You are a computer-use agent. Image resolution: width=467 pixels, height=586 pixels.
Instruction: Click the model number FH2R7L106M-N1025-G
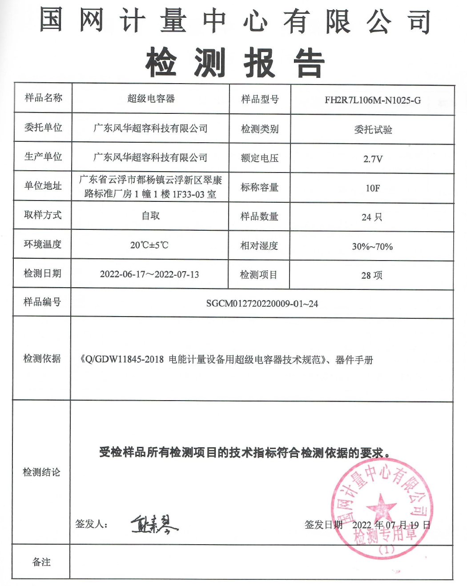(x=372, y=100)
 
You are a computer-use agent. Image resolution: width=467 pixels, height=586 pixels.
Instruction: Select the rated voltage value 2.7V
(x=373, y=159)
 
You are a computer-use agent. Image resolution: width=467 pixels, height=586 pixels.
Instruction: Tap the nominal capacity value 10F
(x=373, y=188)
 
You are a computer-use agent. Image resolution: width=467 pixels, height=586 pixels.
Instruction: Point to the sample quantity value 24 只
(x=372, y=217)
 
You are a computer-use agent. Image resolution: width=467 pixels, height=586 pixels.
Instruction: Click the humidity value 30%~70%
(x=372, y=246)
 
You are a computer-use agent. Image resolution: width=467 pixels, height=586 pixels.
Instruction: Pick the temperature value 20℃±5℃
(x=149, y=245)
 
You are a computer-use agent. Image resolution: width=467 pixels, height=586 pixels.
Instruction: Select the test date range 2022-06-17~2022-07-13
(x=149, y=274)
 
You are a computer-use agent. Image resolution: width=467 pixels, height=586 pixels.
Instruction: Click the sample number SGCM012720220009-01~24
(x=262, y=304)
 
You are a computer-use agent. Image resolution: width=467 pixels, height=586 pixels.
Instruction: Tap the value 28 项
(x=372, y=275)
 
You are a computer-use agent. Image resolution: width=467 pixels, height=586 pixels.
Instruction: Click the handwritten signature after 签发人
(x=154, y=524)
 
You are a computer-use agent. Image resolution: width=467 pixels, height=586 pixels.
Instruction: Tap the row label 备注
(x=41, y=562)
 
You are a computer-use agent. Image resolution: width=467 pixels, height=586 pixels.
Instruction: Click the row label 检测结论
(x=41, y=472)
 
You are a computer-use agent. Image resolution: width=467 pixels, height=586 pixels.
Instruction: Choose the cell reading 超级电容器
(x=151, y=99)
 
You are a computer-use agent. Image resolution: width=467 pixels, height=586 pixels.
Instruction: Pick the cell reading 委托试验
(x=373, y=130)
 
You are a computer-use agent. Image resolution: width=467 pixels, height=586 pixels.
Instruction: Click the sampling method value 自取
(x=150, y=216)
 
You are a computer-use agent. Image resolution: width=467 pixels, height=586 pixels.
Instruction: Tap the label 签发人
(x=91, y=524)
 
